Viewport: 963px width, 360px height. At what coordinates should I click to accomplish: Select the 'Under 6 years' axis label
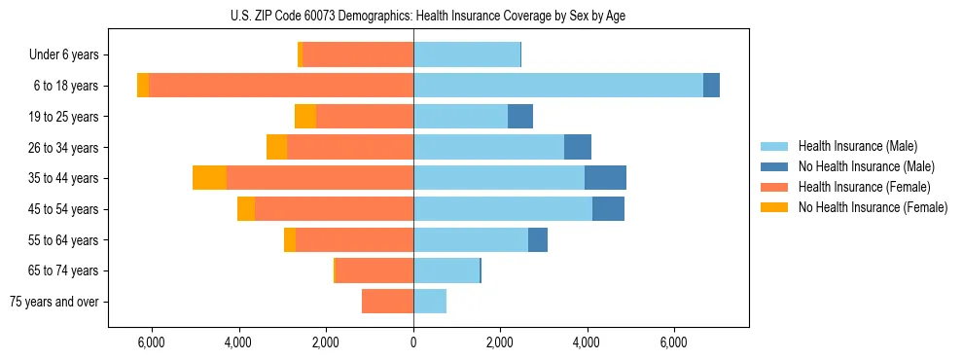point(69,54)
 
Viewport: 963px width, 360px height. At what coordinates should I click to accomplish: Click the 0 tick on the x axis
point(413,342)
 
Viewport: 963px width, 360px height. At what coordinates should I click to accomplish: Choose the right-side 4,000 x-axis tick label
point(587,342)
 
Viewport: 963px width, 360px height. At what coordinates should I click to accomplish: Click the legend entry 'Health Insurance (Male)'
point(857,146)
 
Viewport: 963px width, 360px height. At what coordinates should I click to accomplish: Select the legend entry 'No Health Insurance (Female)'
point(873,207)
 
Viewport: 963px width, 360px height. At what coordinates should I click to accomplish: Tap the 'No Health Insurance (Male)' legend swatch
point(776,166)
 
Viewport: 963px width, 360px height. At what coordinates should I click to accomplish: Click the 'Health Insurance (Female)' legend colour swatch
point(776,187)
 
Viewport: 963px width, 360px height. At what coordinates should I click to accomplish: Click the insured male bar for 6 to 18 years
point(558,86)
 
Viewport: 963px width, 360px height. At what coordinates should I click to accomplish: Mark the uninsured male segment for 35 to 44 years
point(605,178)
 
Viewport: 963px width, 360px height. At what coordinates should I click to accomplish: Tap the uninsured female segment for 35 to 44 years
point(209,178)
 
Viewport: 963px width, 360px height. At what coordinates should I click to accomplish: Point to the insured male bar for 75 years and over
point(430,302)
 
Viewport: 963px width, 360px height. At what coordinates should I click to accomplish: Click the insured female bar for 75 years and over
point(387,302)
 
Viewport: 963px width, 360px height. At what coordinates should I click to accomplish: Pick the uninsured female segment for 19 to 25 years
point(305,117)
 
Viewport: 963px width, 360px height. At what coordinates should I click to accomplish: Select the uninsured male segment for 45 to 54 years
point(608,209)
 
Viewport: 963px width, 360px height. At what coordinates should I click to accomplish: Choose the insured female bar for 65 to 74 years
point(374,270)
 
